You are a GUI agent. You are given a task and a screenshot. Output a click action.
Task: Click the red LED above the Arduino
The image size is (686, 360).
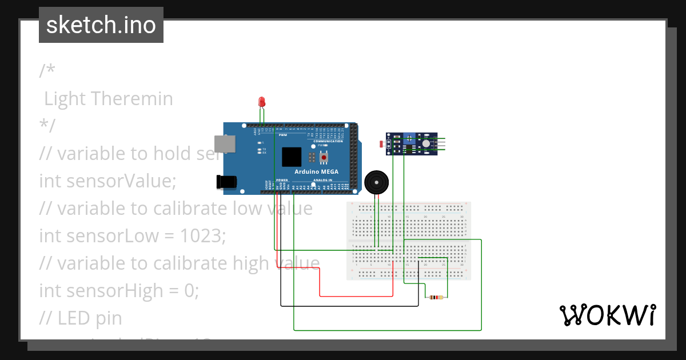(262, 102)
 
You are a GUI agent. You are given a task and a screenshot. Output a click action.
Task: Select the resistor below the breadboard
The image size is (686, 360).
(436, 298)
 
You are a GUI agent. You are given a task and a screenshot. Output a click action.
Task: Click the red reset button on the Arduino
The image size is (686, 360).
(324, 157)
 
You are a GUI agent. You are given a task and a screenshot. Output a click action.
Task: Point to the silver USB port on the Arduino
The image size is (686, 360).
(224, 143)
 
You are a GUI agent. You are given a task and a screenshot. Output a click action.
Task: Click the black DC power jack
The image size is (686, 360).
(227, 182)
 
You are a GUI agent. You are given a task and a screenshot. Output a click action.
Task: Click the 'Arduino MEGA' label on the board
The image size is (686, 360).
(316, 172)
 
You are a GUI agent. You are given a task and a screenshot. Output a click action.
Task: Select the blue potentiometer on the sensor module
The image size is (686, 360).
(409, 137)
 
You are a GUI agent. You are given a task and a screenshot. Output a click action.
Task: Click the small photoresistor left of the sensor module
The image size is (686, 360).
(382, 144)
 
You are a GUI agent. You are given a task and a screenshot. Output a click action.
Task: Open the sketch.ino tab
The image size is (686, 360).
(101, 25)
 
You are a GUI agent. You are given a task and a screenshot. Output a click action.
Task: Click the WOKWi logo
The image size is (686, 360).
(607, 315)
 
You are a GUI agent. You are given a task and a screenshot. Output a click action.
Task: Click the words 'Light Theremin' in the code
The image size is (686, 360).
(109, 99)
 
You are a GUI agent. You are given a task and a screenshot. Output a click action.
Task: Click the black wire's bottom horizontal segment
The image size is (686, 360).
(349, 306)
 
